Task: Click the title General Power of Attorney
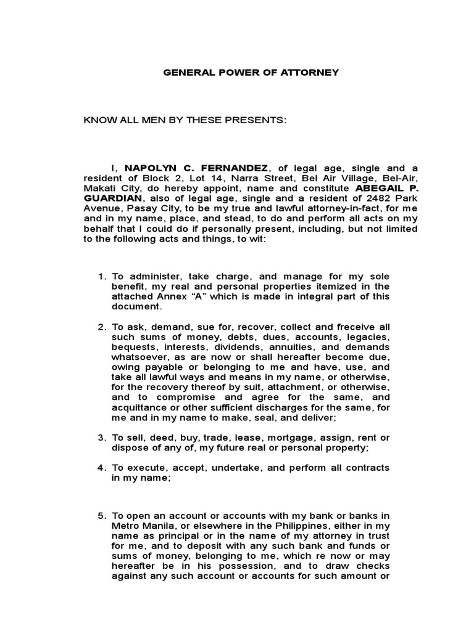coord(251,73)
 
